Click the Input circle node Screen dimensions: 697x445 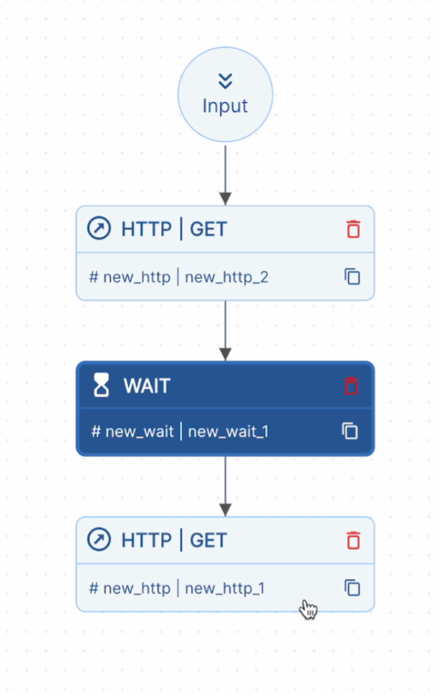[225, 94]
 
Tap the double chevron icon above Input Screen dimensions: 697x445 [225, 81]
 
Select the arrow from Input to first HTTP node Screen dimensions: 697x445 [225, 174]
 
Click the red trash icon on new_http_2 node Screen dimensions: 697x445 [353, 229]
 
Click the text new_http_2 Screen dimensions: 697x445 [226, 277]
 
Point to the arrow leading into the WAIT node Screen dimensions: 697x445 [225, 331]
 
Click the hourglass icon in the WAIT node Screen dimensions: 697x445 [101, 386]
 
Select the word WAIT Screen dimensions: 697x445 [147, 386]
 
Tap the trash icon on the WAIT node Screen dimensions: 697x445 [351, 386]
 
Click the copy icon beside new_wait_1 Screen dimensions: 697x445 [350, 431]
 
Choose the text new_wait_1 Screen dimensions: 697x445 [228, 432]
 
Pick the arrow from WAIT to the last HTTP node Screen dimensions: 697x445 [225, 486]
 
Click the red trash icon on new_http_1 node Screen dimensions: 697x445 [353, 540]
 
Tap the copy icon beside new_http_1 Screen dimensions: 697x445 [352, 588]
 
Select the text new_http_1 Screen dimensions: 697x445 [225, 588]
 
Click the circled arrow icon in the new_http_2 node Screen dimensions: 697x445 [99, 229]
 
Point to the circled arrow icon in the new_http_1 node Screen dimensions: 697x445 [99, 540]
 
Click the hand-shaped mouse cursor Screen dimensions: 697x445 [308, 609]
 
